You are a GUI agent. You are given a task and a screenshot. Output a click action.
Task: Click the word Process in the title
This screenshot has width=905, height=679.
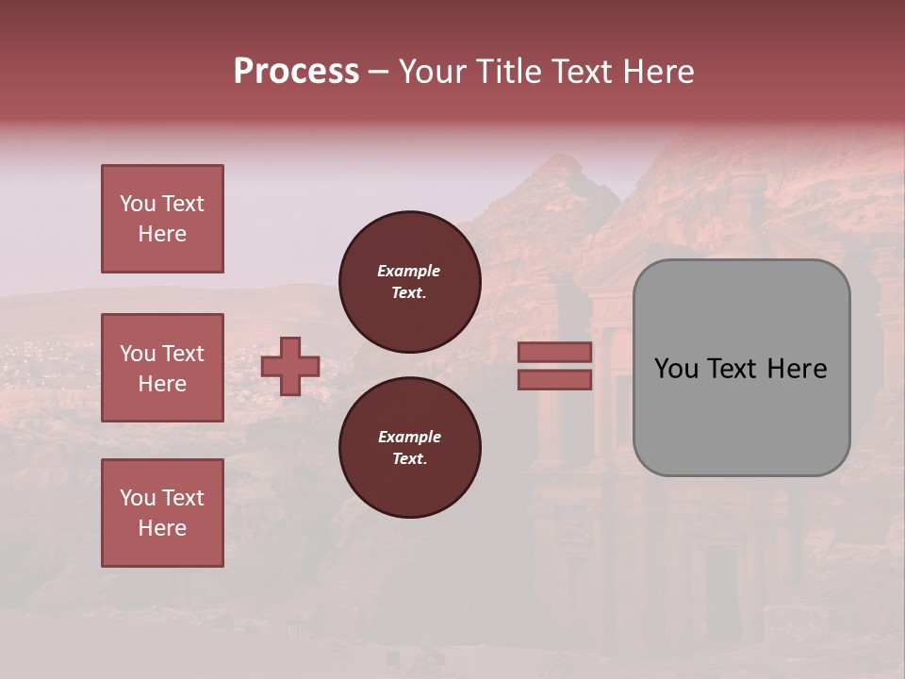coord(296,72)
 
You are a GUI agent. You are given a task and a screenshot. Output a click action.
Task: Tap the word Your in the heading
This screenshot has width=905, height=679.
coord(434,72)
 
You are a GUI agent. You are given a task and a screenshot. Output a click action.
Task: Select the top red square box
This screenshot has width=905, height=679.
coord(162,219)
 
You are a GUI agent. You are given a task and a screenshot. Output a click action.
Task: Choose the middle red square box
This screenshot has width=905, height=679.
coord(162,368)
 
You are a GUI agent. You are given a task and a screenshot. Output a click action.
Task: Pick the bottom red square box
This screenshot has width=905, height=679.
coord(162,513)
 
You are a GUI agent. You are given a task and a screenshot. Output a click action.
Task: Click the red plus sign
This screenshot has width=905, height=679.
coord(290,366)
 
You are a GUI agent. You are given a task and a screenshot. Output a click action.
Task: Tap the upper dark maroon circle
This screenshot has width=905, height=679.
coord(410,282)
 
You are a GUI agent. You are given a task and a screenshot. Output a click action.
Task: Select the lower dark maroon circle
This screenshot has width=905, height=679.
coord(410,448)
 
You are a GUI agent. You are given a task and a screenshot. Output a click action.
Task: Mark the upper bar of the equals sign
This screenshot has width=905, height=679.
coord(555,352)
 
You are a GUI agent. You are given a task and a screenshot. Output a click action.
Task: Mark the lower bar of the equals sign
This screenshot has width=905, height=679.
coord(555,379)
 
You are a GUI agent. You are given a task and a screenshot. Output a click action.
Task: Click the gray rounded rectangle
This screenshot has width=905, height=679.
coord(741,368)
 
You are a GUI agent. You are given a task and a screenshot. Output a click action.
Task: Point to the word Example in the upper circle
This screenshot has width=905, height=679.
coord(409,271)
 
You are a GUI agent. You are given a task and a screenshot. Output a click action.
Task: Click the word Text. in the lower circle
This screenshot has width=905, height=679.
coord(409,458)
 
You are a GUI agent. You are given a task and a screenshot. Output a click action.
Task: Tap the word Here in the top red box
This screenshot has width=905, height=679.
coord(162,234)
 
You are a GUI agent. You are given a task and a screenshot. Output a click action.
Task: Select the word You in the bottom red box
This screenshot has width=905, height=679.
coord(138,498)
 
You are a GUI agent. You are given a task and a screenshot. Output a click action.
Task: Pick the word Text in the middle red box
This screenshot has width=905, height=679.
coord(182,354)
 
